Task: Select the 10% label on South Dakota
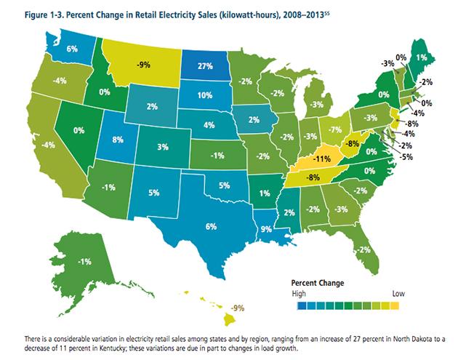click(x=204, y=95)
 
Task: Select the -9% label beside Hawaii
click(x=238, y=308)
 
